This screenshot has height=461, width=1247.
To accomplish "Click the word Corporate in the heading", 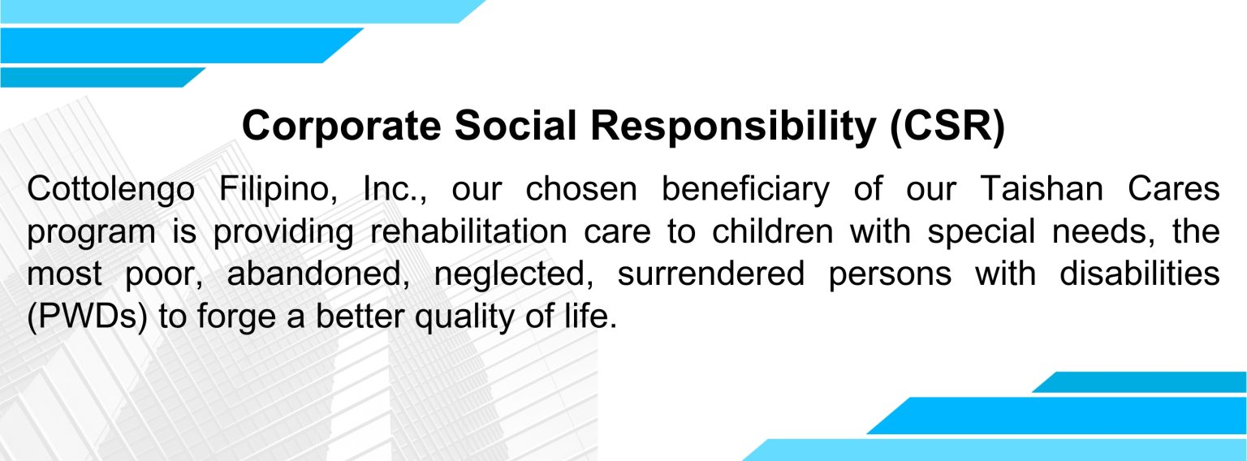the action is pos(341,127).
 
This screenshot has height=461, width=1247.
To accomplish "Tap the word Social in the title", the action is pos(516,125).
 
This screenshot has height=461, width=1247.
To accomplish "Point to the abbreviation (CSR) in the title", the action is pos(947,127).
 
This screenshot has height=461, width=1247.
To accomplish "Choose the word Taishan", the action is pos(1042,189).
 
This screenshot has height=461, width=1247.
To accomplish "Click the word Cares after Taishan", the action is pos(1174,189).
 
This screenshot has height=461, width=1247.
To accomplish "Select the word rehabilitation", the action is pos(468,231).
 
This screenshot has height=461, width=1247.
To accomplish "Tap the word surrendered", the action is pos(711,274).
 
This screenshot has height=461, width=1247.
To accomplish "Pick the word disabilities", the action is pos(1140,274).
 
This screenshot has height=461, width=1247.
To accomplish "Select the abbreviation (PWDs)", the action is pos(88,317).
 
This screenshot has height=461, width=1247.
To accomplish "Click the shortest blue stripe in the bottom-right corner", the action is pos(1139,382).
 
